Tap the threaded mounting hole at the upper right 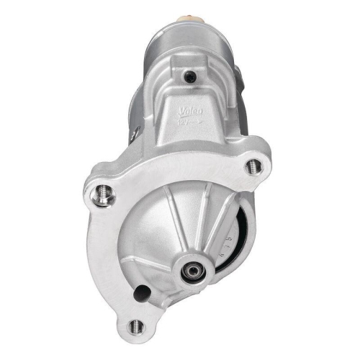252,166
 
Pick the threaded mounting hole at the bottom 135,327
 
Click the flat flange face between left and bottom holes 108,259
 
